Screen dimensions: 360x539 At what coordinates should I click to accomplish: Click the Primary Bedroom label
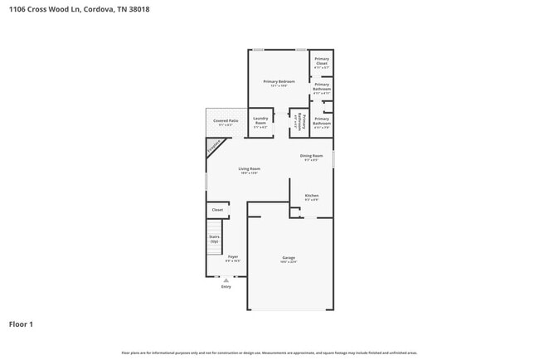coord(279,82)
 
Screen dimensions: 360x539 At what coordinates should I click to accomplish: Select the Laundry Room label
coord(260,121)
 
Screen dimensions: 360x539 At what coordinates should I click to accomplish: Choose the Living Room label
coord(250,169)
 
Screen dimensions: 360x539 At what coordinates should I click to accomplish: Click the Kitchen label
coord(311,196)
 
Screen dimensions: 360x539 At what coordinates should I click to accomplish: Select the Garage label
coord(289,259)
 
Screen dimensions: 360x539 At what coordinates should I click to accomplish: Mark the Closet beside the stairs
coord(217,210)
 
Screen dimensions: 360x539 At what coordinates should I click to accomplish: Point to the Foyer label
coord(233,258)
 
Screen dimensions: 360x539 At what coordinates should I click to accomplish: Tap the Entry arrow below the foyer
coord(226,279)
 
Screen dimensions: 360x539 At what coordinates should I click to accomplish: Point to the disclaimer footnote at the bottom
coord(269,353)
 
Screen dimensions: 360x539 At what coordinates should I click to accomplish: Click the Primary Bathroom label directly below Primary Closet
coord(322,88)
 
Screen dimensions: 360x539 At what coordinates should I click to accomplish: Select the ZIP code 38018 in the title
coord(127,9)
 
